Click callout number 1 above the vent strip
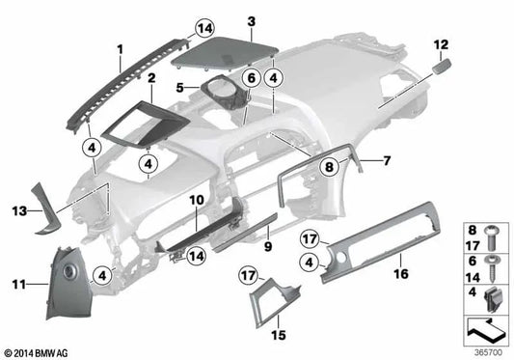121,47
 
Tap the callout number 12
441,44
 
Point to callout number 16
400,273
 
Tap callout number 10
195,200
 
